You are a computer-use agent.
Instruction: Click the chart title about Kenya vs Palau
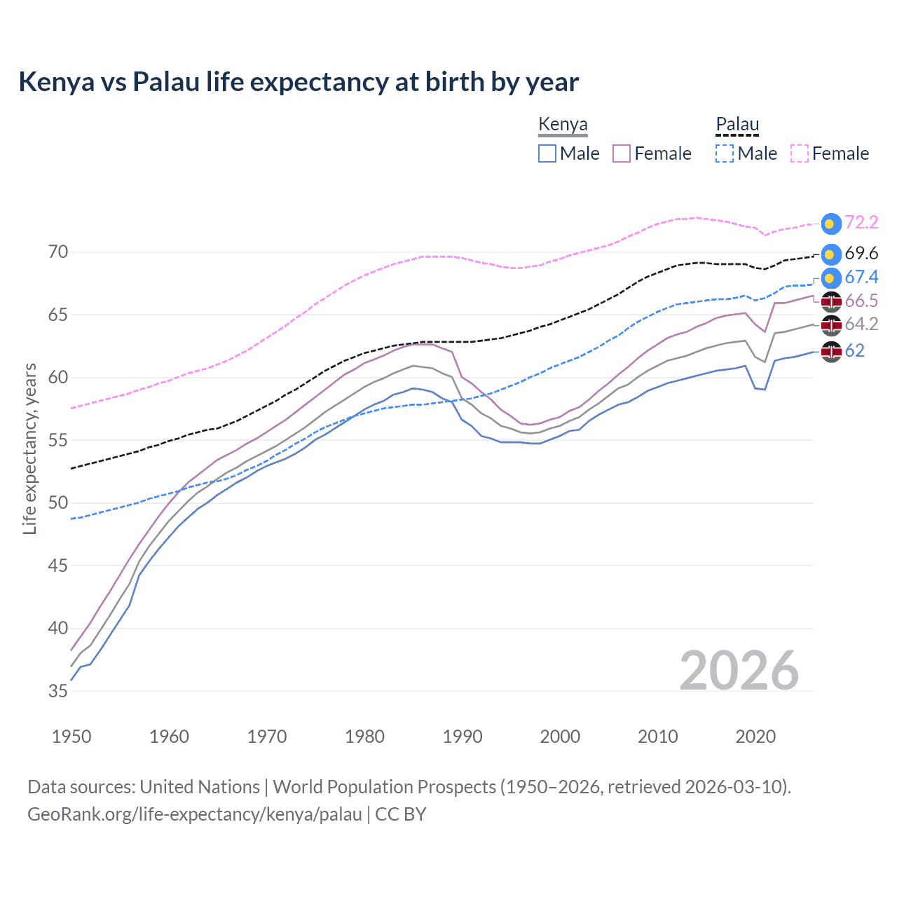(299, 82)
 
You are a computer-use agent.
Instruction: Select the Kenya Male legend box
(547, 153)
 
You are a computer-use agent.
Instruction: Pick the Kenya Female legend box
(622, 153)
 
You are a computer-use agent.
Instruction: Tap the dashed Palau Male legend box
(725, 153)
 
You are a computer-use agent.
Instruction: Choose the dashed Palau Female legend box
(800, 153)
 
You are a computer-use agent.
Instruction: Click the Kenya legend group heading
(563, 125)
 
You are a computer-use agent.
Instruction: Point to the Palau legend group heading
(737, 125)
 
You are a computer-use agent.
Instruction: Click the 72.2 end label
(861, 222)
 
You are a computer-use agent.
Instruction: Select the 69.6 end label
(861, 253)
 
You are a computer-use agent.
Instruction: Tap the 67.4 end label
(861, 277)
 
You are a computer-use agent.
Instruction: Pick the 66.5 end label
(861, 301)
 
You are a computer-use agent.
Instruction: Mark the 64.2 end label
(861, 324)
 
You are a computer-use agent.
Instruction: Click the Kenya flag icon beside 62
(831, 351)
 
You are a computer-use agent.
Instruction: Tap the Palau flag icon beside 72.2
(831, 223)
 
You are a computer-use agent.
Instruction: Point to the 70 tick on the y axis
(58, 252)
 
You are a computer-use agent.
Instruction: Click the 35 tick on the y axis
(58, 691)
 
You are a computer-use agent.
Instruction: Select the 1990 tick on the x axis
(463, 737)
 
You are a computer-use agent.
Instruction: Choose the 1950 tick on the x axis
(71, 737)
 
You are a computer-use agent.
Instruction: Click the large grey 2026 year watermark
(739, 671)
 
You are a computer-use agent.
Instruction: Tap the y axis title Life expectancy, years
(29, 448)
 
